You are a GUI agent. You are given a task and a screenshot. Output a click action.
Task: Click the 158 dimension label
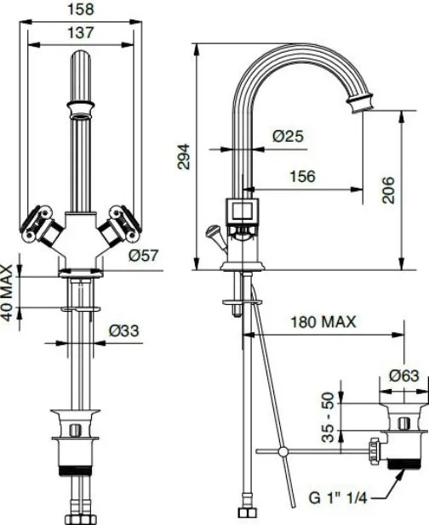pos(81,9)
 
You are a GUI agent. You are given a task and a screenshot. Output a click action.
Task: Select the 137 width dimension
pos(81,33)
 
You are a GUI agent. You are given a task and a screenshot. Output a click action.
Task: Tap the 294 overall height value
pos(184,156)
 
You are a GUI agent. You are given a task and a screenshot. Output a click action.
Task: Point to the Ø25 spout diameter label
pos(288,136)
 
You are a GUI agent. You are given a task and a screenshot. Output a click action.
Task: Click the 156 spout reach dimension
pos(302,176)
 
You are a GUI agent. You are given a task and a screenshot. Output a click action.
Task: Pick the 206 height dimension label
pos(388,189)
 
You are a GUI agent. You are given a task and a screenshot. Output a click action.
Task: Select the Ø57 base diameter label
pos(143,256)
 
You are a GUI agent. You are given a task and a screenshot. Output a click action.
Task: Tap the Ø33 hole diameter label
pos(123,330)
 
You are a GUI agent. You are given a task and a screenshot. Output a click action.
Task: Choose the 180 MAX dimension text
pos(323,322)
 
